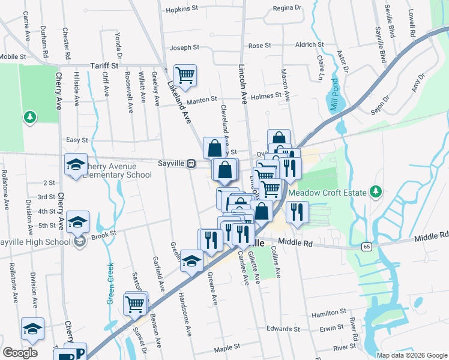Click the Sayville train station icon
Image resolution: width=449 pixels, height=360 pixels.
point(191,163)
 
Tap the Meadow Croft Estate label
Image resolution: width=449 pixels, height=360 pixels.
point(328,193)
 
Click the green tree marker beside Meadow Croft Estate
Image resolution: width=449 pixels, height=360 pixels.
point(376,191)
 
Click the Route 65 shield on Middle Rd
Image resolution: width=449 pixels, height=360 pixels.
point(366,247)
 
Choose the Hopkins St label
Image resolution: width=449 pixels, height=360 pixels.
point(182,9)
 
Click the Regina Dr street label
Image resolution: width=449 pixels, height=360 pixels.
point(286,8)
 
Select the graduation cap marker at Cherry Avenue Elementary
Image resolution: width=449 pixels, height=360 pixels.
point(76,166)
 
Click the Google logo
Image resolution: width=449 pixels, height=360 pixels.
point(20,352)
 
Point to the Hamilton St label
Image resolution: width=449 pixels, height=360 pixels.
point(327,314)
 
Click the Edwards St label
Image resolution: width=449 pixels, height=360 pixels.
point(283,329)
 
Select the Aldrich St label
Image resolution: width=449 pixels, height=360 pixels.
point(310,45)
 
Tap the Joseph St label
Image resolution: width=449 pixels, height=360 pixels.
point(184,47)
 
